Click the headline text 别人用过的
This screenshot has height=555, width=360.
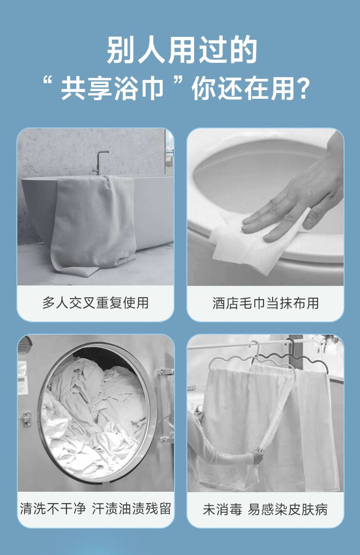point(182,50)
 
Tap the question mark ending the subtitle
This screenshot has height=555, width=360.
point(303,88)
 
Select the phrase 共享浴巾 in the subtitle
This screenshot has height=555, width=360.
point(112,88)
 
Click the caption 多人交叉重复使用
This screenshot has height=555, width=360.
point(95,303)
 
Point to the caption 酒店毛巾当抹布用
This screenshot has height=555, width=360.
point(266,303)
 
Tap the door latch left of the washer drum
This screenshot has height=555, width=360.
point(27,419)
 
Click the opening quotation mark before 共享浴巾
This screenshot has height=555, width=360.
point(47,81)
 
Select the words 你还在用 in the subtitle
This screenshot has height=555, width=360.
point(243,88)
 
